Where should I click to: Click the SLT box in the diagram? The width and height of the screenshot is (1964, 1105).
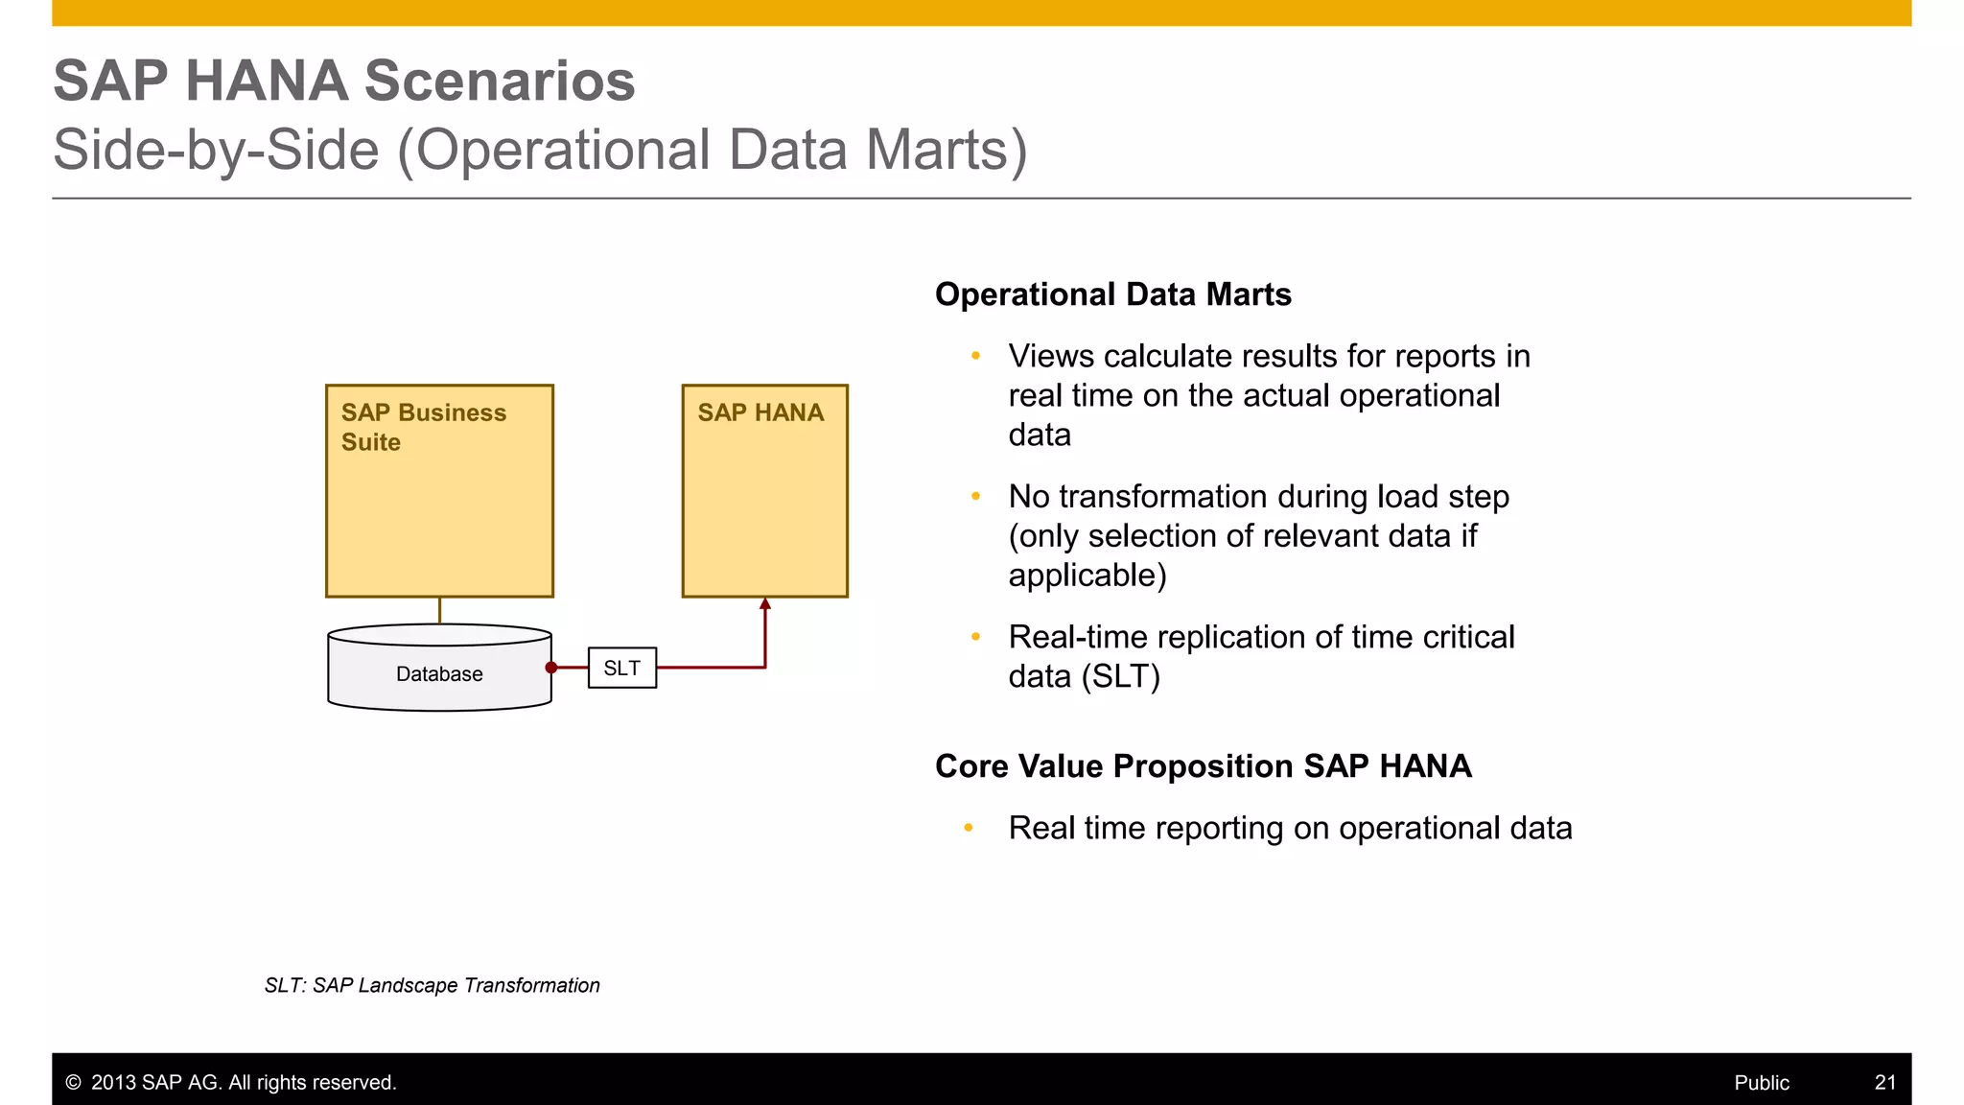(x=621, y=668)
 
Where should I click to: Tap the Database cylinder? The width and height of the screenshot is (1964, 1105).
(x=439, y=673)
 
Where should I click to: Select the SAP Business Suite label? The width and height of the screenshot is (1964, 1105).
(x=423, y=427)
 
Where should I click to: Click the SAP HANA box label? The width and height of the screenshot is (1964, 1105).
(x=760, y=412)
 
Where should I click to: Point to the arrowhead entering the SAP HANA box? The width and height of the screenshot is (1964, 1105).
(x=765, y=604)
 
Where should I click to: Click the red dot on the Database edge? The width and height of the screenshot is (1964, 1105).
(x=551, y=668)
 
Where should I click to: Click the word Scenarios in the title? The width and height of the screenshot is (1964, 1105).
(x=499, y=81)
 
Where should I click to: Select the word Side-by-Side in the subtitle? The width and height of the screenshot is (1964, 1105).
(x=216, y=151)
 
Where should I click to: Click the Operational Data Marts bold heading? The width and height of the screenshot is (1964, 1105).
(x=1112, y=294)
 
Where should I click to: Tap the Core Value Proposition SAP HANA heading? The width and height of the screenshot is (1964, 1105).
(x=1203, y=766)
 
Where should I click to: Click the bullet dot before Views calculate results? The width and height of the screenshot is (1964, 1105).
(x=975, y=356)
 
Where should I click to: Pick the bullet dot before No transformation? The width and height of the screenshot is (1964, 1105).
(x=975, y=496)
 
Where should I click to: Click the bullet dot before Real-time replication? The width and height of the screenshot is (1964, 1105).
(x=975, y=636)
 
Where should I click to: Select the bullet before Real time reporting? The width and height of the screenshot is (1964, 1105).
(x=969, y=827)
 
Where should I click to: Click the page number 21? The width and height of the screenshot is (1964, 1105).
(x=1884, y=1082)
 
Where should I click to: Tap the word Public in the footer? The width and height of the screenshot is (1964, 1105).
(x=1761, y=1082)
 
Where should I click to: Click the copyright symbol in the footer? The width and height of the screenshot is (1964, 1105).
(x=73, y=1082)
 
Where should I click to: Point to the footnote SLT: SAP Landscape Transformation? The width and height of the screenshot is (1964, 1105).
(x=432, y=985)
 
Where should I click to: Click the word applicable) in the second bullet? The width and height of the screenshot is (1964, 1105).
(x=1087, y=576)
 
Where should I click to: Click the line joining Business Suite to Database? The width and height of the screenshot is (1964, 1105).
(x=439, y=611)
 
